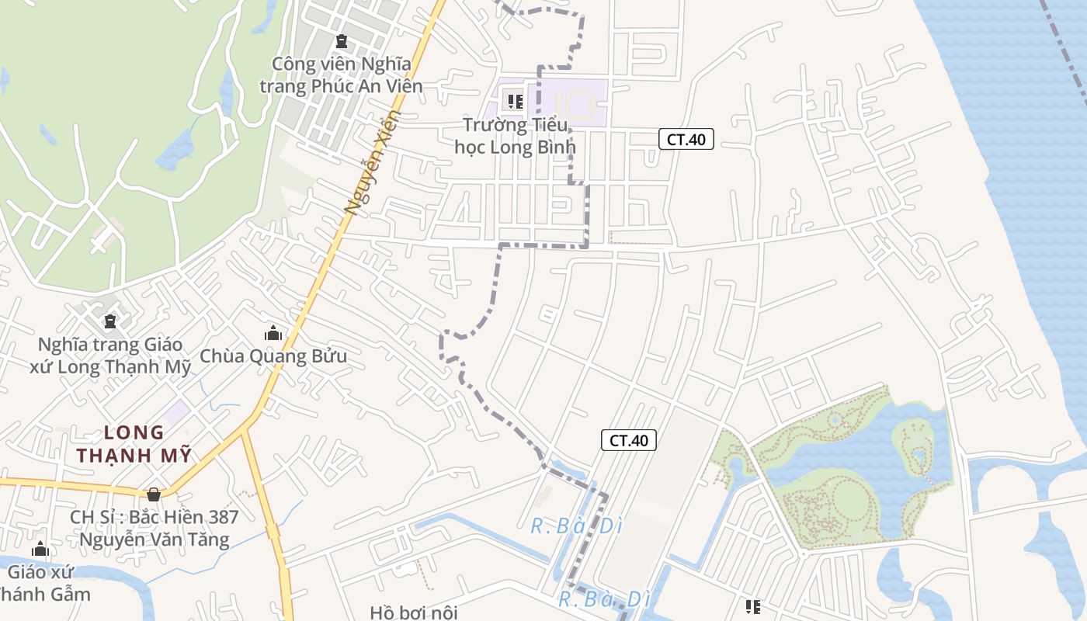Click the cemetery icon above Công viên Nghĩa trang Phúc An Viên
click(x=341, y=40)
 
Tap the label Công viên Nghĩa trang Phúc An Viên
click(x=341, y=75)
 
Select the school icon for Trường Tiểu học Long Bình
click(x=514, y=101)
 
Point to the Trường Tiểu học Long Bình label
click(x=515, y=136)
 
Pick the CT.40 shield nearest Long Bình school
click(x=686, y=140)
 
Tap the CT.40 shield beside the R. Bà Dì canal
click(x=629, y=440)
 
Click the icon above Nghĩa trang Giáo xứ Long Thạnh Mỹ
click(x=110, y=321)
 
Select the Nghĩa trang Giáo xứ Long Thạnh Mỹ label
click(x=110, y=356)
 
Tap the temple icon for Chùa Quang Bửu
click(x=273, y=333)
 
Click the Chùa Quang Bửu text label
click(x=273, y=356)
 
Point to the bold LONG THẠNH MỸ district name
click(x=134, y=444)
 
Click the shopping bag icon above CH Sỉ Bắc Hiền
click(x=154, y=494)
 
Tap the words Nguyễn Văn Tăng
click(x=155, y=539)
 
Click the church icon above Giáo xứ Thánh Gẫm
click(x=40, y=550)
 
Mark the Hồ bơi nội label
click(x=414, y=612)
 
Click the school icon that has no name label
click(x=752, y=606)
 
